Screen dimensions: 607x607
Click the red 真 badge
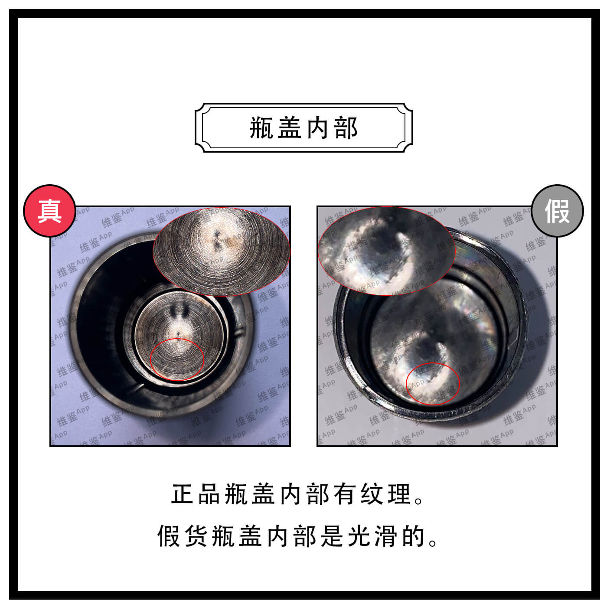[49, 211]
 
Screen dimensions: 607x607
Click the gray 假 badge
[557, 211]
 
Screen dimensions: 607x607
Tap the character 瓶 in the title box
[261, 128]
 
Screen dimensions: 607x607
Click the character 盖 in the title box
[290, 128]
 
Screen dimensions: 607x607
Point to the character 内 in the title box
[318, 128]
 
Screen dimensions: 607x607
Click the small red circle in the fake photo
[432, 384]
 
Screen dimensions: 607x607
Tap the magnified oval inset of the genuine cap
[221, 251]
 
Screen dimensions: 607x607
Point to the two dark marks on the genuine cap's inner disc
[178, 310]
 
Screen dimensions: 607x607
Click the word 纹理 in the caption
[385, 494]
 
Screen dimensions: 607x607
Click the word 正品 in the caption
[196, 494]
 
